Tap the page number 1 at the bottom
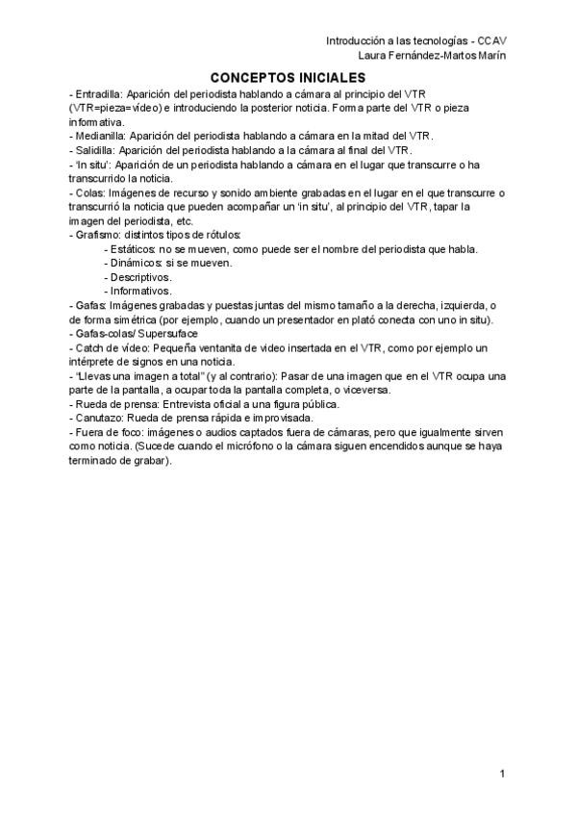(x=503, y=775)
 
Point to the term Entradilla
(x=101, y=95)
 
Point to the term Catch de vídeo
(x=111, y=345)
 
